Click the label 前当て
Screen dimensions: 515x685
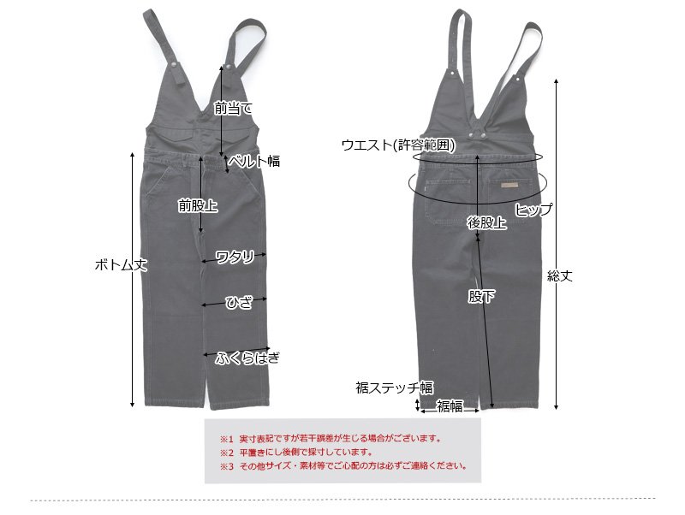click(x=234, y=109)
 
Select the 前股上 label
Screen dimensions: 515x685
click(x=197, y=205)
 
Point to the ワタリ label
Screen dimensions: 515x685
click(x=235, y=256)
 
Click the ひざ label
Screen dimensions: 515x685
click(x=238, y=303)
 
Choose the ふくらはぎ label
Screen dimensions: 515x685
click(x=247, y=357)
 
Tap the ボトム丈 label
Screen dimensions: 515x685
click(x=121, y=265)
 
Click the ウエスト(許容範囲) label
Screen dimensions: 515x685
click(x=398, y=145)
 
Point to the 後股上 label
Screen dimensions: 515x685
click(x=486, y=222)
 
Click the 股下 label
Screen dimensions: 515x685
click(x=480, y=296)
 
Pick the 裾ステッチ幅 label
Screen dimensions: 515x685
click(x=396, y=388)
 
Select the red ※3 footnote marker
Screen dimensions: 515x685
click(x=226, y=466)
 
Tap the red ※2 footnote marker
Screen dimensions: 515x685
click(x=226, y=453)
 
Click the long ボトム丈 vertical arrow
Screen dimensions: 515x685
click(x=133, y=342)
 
